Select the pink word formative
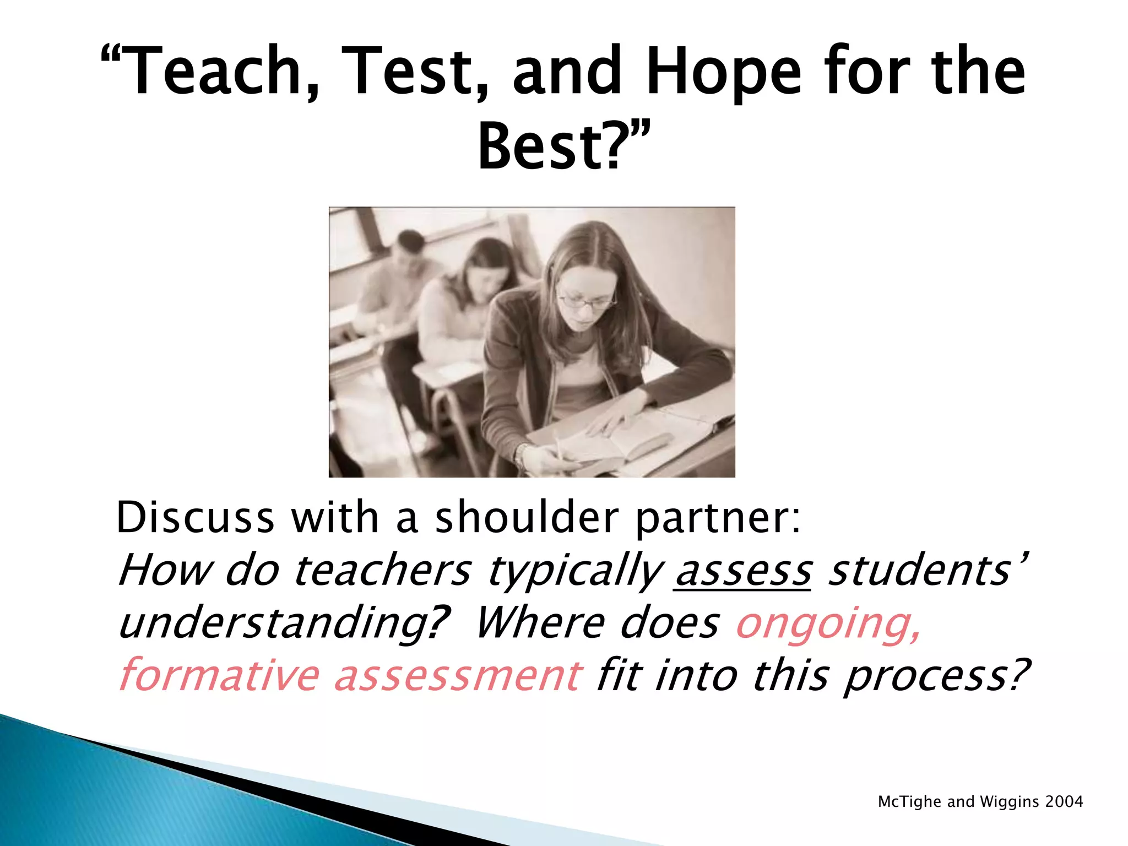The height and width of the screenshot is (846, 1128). coord(219,675)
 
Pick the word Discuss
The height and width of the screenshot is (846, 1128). coord(196,518)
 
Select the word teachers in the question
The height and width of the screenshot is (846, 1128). coord(382,571)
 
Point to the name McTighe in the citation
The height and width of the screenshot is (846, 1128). coord(909,802)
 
